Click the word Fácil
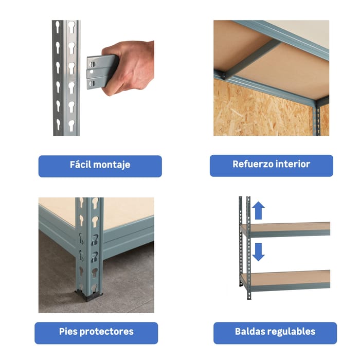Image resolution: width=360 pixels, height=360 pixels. pos(80,165)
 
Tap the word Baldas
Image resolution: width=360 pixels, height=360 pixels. pos(250,331)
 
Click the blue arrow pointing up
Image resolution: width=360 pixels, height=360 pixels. pos(258,210)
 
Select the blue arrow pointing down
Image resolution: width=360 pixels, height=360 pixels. pos(258,252)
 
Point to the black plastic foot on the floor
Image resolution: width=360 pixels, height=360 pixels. pos(88,296)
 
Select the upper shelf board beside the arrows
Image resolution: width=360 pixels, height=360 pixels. pos(285,229)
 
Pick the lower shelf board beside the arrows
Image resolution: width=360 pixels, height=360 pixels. pos(285,281)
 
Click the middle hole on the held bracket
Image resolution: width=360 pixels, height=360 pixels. pos(92,72)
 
